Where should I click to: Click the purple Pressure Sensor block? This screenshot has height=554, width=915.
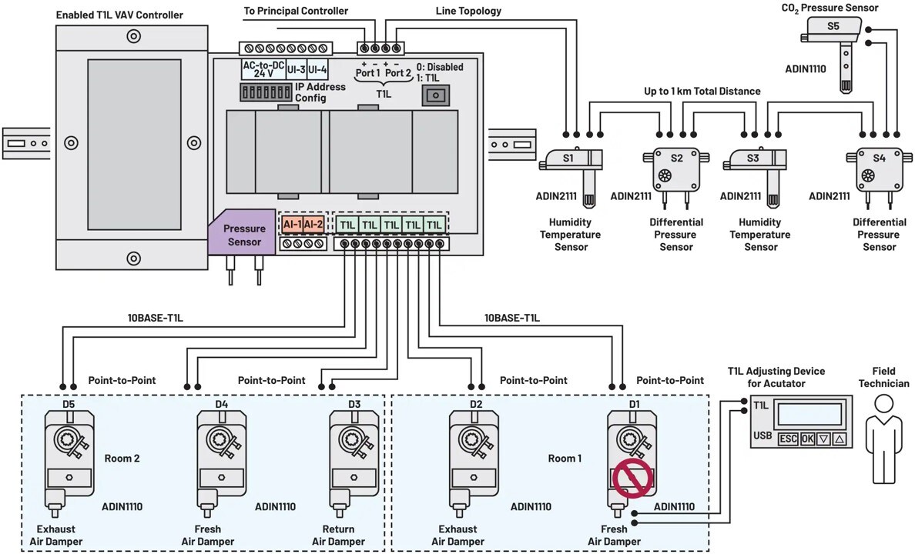coord(243,234)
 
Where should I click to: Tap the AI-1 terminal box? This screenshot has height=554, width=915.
coord(291,224)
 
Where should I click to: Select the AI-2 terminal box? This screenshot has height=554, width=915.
coord(313,224)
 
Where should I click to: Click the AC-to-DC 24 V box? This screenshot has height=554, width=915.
coord(263,69)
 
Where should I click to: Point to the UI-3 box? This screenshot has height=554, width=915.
coord(297,69)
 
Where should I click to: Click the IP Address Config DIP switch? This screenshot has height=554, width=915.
coord(265,92)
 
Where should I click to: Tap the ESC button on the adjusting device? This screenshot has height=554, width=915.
coord(787,439)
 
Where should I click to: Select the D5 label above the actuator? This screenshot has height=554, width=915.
coord(69,403)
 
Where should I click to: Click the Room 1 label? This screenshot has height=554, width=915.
coord(565,458)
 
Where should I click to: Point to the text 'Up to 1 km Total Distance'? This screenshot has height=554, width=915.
coord(702,91)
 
